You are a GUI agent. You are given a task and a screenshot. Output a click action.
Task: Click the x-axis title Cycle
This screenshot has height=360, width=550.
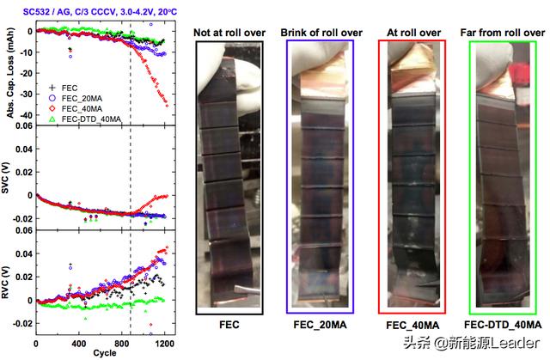click(x=106, y=354)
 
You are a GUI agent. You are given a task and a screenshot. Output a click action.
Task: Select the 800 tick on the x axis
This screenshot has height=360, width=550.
click(x=123, y=345)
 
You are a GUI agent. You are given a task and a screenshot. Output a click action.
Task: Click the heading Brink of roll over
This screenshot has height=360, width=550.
click(x=321, y=33)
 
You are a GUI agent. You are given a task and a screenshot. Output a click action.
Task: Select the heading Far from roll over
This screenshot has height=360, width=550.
click(x=500, y=33)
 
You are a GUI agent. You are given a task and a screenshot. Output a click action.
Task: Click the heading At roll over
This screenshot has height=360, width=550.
click(x=410, y=33)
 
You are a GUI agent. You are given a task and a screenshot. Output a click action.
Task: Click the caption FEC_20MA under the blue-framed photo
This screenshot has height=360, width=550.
click(x=320, y=326)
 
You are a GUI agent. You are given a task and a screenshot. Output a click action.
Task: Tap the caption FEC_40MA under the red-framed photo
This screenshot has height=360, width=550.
click(x=412, y=326)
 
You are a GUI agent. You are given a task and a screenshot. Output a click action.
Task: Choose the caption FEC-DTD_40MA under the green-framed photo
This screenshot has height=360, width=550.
click(x=502, y=326)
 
